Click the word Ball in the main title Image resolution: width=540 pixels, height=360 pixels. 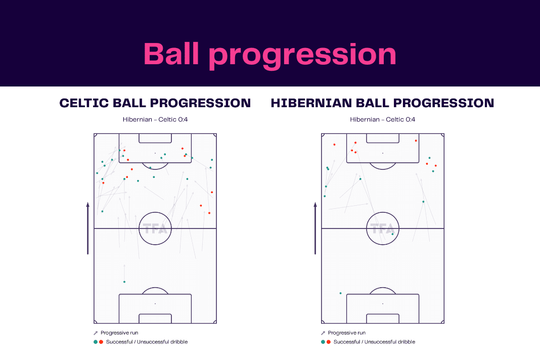(171, 54)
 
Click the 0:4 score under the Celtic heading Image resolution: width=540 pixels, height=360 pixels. (183, 119)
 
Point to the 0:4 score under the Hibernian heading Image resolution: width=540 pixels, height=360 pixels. (410, 119)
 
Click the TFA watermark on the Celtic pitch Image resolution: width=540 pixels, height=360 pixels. (155, 229)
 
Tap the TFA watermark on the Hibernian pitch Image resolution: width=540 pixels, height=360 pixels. (383, 229)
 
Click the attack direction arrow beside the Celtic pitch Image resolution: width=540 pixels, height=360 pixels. (88, 229)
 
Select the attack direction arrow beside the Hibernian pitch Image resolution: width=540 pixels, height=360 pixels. (315, 229)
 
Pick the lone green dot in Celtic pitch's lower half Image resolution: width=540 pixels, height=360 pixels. (124, 282)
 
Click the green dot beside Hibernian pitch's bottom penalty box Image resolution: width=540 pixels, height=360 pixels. (341, 293)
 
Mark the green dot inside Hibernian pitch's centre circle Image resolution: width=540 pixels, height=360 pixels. (392, 234)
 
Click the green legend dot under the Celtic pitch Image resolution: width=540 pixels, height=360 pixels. (96, 342)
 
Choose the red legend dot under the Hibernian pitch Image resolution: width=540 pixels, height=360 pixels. (329, 342)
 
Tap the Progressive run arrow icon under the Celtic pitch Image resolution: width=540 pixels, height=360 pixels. (96, 333)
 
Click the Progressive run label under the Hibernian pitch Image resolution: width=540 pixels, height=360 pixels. (347, 333)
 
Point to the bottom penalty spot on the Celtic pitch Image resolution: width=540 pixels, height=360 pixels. (155, 303)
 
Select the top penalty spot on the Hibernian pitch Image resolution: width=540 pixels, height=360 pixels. (383, 153)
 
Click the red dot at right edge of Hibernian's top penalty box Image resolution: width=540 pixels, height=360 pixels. (416, 141)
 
